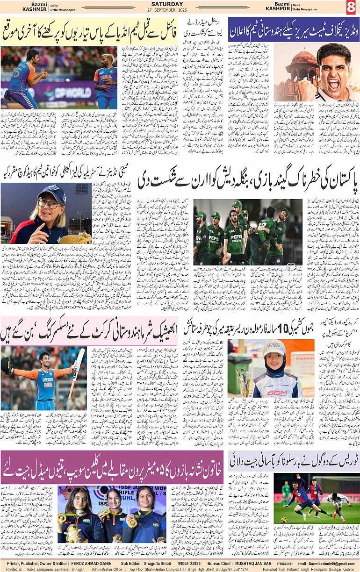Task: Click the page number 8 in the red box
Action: pos(351,7)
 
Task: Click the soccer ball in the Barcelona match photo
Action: pos(284,520)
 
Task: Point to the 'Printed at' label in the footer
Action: pos(14,569)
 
